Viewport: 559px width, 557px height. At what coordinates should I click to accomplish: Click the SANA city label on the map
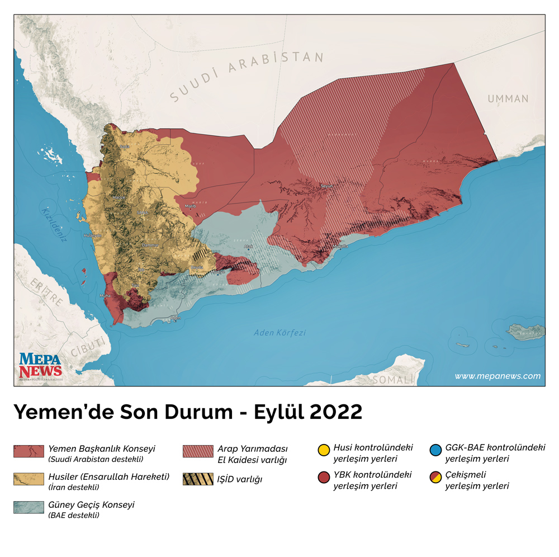[143, 213]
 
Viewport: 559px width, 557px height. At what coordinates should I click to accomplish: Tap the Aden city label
[176, 318]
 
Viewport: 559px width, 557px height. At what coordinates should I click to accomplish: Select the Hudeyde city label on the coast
[93, 235]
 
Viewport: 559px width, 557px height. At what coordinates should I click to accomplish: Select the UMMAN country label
[508, 99]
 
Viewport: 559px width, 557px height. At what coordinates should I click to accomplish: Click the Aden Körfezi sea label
[279, 333]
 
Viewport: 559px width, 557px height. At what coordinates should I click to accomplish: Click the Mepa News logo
[40, 366]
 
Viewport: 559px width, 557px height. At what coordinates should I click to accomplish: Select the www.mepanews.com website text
[498, 376]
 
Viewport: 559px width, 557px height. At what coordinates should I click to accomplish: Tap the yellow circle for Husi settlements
[323, 450]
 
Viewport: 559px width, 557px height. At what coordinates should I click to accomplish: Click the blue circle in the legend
[435, 450]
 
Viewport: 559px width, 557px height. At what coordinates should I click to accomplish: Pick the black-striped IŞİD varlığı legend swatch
[198, 479]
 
